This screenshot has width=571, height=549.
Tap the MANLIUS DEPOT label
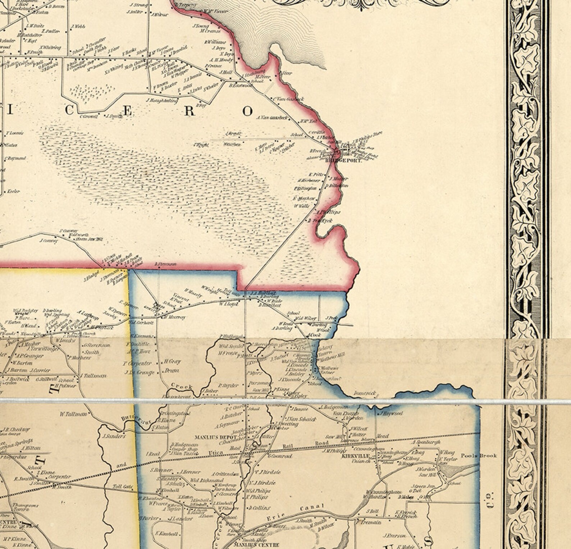(215, 438)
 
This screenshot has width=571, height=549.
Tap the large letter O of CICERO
(247, 111)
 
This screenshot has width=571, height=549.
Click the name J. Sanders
(114, 436)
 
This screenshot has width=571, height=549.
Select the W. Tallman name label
(73, 414)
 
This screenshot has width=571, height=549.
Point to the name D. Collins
(259, 508)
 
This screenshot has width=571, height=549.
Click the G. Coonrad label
(280, 456)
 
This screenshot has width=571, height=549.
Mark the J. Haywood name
(390, 413)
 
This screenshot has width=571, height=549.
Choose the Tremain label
(371, 522)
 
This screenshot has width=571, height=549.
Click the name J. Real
(153, 454)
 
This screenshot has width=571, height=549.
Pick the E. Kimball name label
(167, 534)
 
